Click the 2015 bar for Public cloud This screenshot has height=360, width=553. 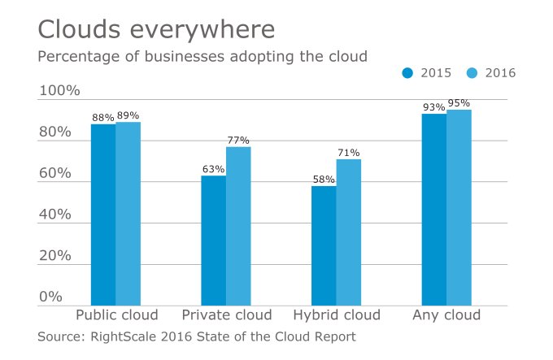pyautogui.click(x=103, y=215)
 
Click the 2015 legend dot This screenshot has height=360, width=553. pyautogui.click(x=408, y=73)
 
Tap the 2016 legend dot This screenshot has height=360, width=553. pyautogui.click(x=472, y=73)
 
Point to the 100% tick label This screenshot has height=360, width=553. pyautogui.click(x=59, y=91)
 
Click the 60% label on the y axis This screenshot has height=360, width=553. pyautogui.click(x=55, y=174)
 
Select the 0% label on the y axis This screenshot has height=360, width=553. pyautogui.click(x=50, y=297)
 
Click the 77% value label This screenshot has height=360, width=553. pyautogui.click(x=238, y=140)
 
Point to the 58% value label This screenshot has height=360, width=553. pyautogui.click(x=324, y=180)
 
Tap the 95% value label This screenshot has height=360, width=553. pyautogui.click(x=459, y=103)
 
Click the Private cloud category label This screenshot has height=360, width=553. pyautogui.click(x=226, y=315)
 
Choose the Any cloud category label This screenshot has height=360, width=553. pyautogui.click(x=446, y=315)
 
